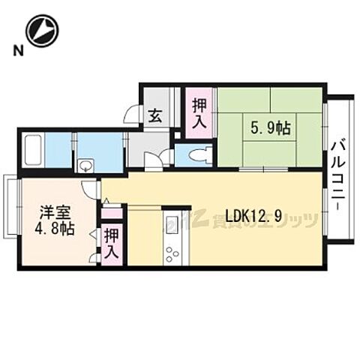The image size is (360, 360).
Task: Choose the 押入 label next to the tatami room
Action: pos(199,114)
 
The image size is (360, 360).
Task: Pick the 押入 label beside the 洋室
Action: pos(111,244)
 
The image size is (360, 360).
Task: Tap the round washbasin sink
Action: pos(85,165)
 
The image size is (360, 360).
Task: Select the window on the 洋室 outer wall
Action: pos(7,206)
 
